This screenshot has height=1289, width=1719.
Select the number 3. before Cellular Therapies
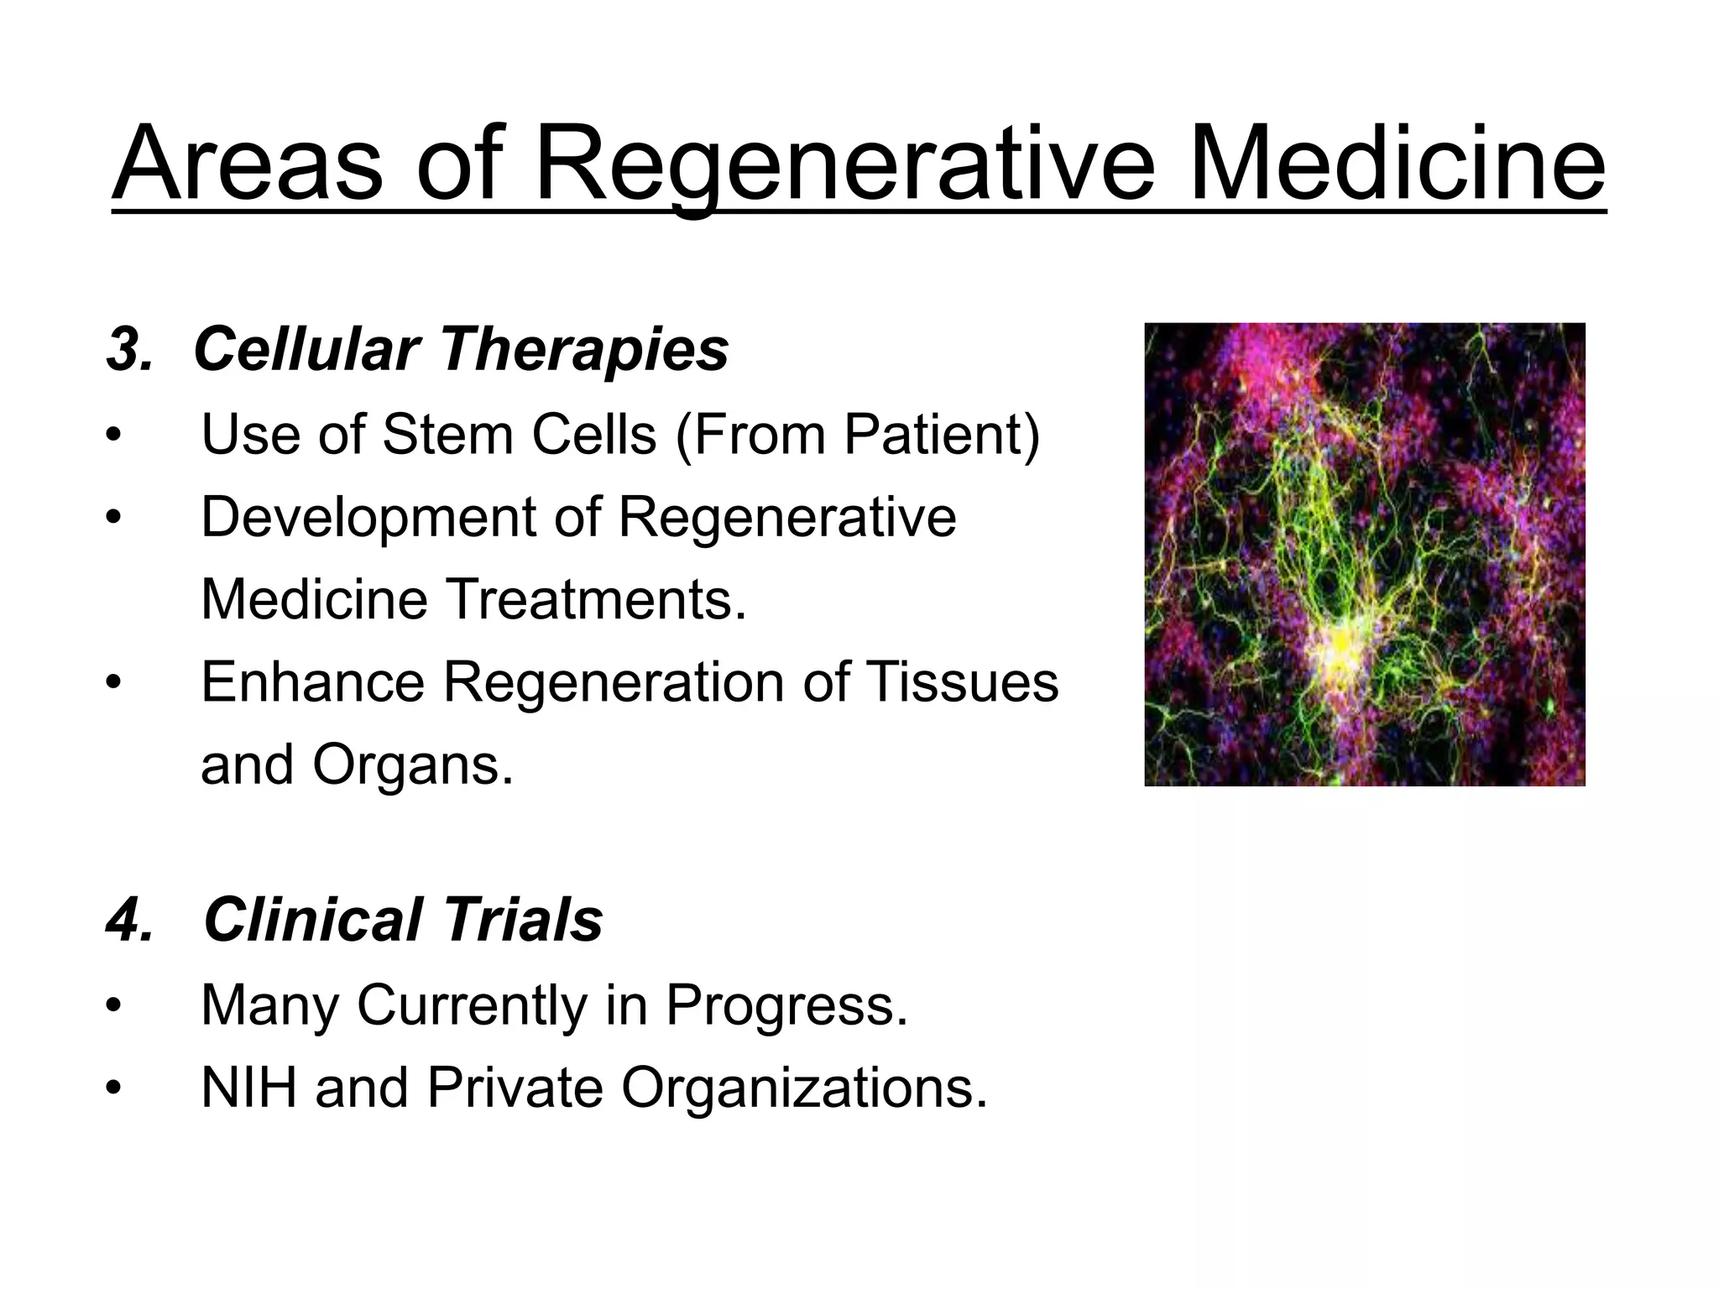pos(130,349)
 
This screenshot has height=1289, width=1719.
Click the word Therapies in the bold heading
pos(584,349)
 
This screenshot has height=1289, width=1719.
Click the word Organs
pos(411,765)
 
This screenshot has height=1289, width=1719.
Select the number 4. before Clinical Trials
pos(130,920)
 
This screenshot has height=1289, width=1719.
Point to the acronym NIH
pos(249,1088)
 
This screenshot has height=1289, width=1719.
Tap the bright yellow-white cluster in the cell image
pos(1343,650)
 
